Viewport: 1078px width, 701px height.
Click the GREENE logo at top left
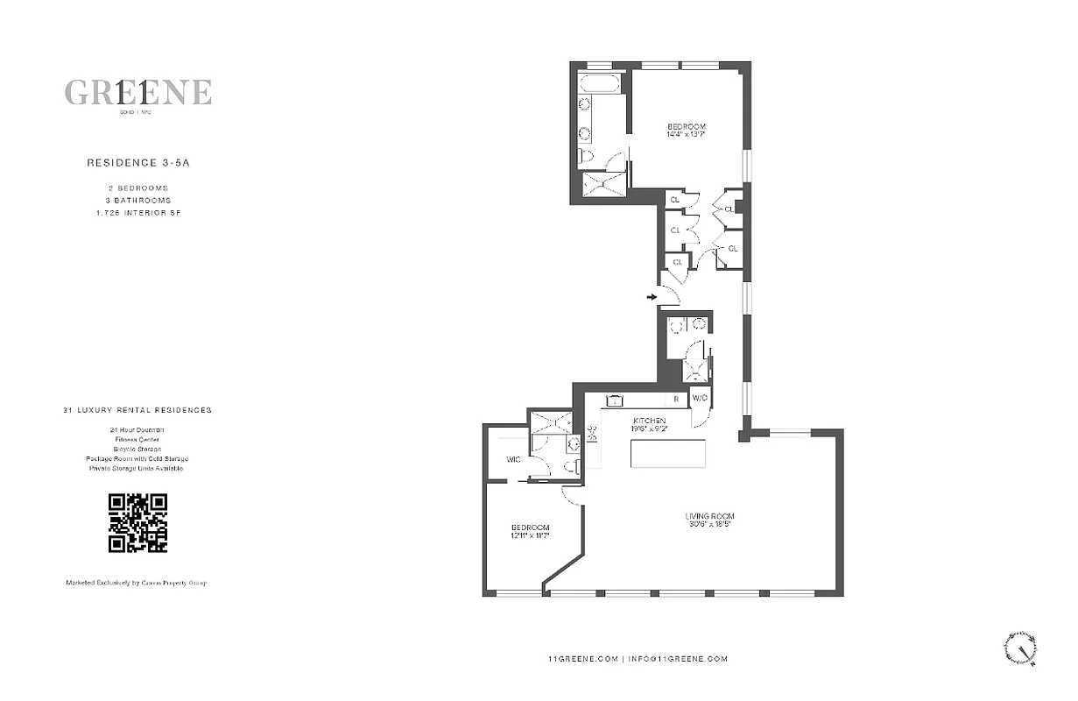(x=137, y=93)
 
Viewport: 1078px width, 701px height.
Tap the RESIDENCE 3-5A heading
(x=137, y=162)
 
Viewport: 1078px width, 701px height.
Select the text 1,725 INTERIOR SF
(x=137, y=213)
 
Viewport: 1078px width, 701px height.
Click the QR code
(x=137, y=523)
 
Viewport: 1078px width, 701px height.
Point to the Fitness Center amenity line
(x=137, y=439)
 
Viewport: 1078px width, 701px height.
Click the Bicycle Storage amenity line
(x=137, y=449)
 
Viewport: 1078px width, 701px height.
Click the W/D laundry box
(x=700, y=399)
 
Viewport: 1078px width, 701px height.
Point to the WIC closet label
(x=513, y=459)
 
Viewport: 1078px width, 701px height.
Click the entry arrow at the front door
(x=652, y=298)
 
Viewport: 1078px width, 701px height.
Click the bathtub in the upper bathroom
(x=600, y=84)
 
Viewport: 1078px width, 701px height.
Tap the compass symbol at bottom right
(x=1021, y=648)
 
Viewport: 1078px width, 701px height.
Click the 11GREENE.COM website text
(x=583, y=659)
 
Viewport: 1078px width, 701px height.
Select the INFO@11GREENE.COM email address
(x=678, y=659)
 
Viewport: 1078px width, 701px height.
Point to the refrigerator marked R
(x=676, y=400)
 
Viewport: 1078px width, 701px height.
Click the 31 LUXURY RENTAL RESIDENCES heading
(x=137, y=410)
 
